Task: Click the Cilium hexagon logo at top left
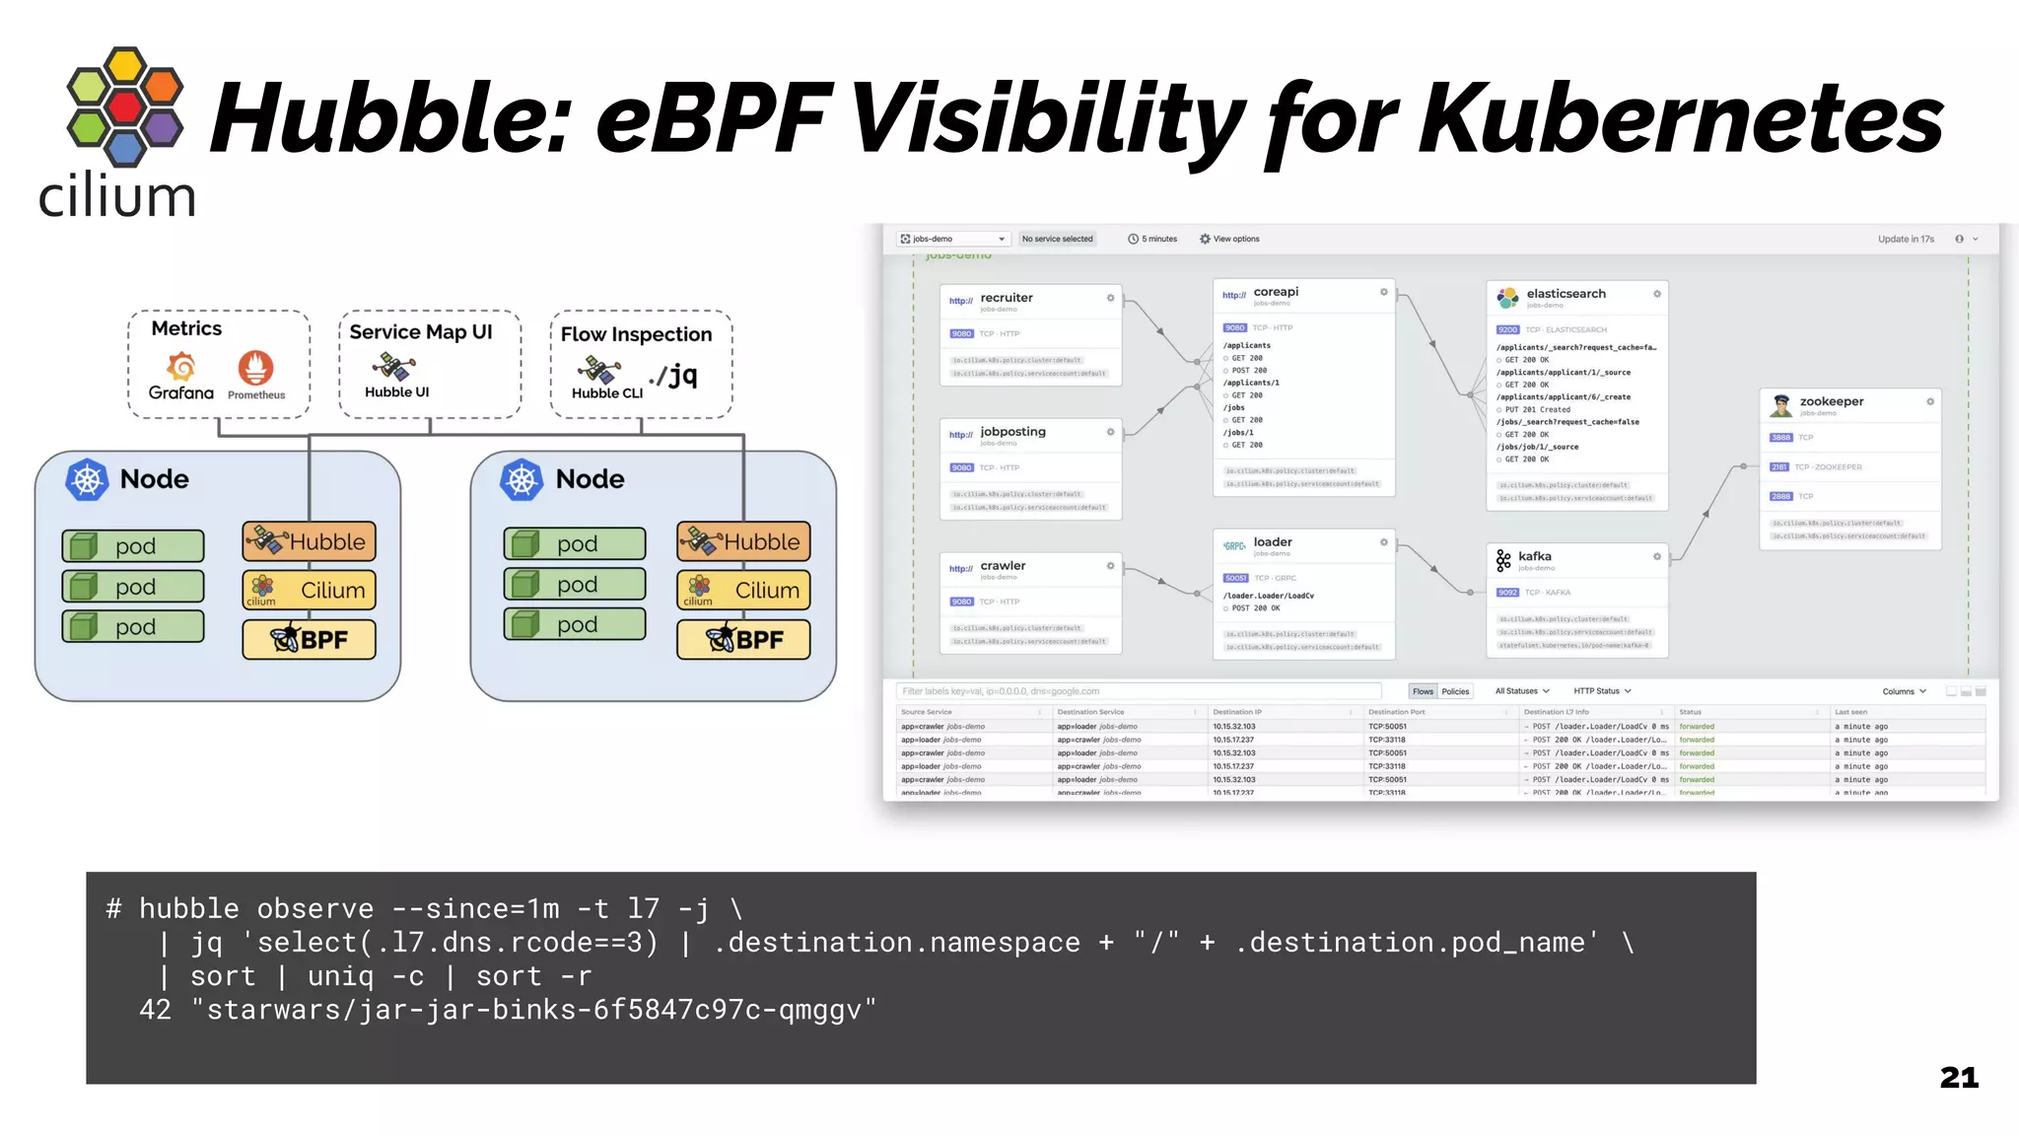(x=124, y=106)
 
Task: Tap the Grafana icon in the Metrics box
(x=181, y=368)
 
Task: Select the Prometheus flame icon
(x=255, y=368)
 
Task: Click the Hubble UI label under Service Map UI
(x=396, y=392)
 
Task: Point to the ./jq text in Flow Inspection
(x=674, y=375)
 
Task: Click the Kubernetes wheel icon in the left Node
(x=87, y=480)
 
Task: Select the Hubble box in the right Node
(x=743, y=541)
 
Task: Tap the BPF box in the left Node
(x=310, y=639)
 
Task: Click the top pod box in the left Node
(x=133, y=545)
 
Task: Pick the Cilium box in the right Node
(x=743, y=590)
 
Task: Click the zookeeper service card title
(x=1831, y=401)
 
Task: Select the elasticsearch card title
(x=1566, y=294)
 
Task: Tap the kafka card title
(x=1534, y=556)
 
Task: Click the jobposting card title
(x=1012, y=432)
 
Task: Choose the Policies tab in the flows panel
(x=1455, y=691)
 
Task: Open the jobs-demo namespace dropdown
(x=953, y=239)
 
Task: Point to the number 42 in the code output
(x=155, y=1010)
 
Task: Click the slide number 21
(x=1958, y=1078)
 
